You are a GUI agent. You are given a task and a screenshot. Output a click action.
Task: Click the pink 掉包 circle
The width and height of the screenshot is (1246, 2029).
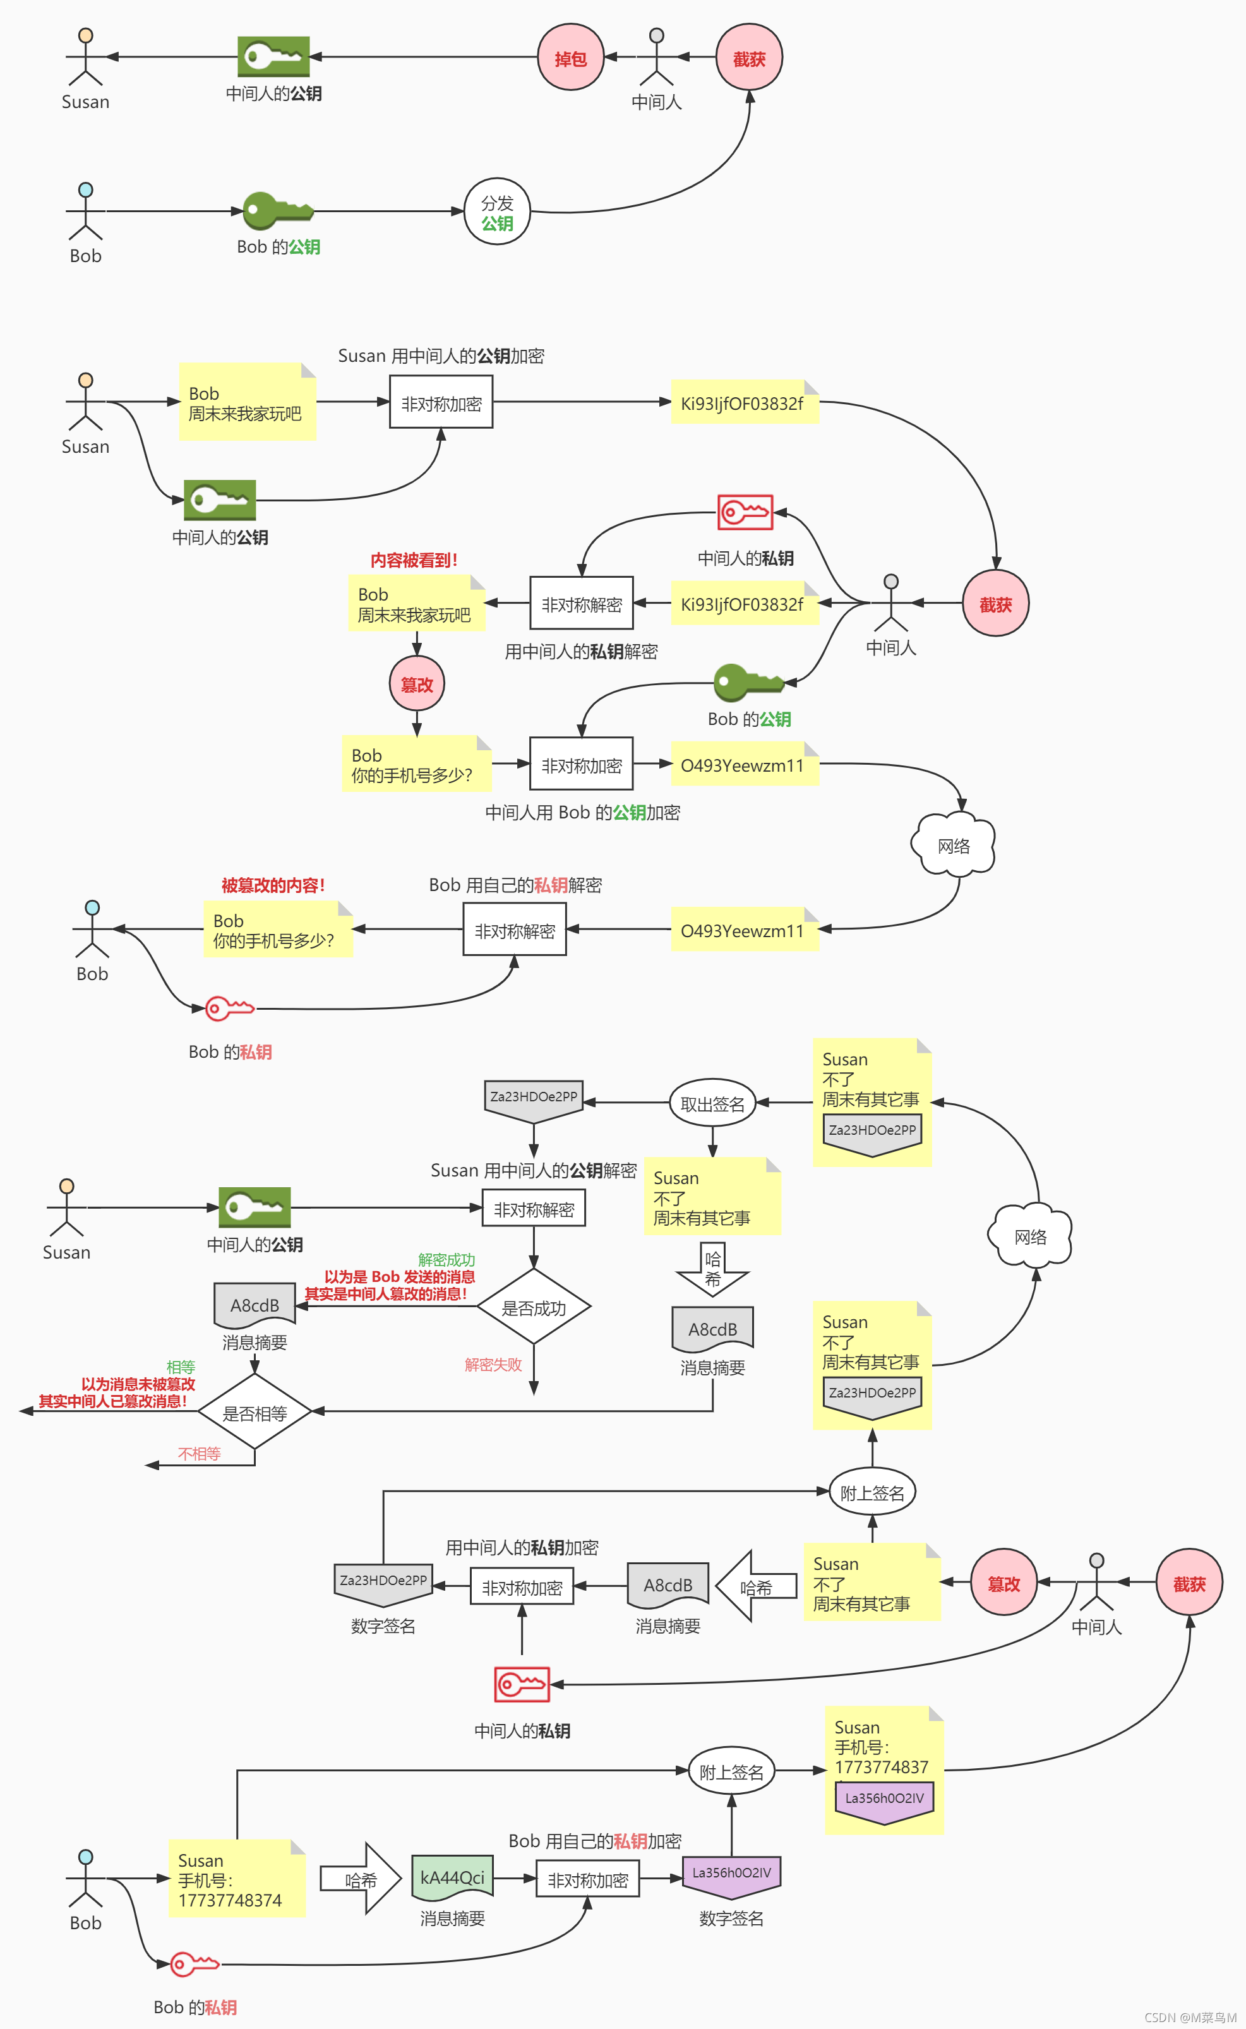570,57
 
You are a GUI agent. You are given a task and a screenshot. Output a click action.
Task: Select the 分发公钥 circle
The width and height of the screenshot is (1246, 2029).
497,212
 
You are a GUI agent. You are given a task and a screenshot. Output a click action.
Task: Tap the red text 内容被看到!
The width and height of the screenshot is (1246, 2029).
414,560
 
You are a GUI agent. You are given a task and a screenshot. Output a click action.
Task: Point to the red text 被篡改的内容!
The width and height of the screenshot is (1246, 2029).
273,885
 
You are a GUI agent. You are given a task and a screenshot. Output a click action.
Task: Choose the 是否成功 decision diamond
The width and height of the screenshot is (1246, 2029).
534,1307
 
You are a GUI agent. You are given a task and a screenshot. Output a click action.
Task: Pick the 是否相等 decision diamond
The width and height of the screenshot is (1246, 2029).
255,1412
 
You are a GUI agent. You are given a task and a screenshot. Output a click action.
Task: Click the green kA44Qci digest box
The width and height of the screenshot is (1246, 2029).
452,1877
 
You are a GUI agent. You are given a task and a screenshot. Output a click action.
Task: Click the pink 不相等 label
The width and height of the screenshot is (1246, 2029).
200,1454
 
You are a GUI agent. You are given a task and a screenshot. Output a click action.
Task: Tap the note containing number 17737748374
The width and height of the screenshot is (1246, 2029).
237,1878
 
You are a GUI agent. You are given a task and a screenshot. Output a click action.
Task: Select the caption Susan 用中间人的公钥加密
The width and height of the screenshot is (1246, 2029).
441,356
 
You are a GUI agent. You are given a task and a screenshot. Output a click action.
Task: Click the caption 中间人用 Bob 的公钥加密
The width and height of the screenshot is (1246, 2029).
583,812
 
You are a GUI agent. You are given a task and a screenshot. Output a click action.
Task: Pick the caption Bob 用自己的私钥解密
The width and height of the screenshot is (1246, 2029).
515,885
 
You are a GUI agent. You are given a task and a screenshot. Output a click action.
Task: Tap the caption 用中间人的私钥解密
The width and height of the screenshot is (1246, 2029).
581,652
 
